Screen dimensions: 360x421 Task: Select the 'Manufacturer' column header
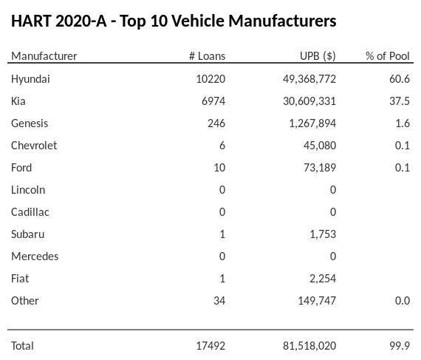click(44, 56)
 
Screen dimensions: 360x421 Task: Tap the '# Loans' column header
click(207, 56)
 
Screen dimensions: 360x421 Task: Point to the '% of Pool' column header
click(387, 56)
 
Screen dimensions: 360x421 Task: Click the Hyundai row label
click(30, 78)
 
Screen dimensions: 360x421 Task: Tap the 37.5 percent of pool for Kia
click(401, 101)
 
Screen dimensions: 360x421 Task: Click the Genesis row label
click(30, 123)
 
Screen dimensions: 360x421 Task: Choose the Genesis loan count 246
click(216, 123)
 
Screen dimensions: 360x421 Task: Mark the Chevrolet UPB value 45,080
click(319, 145)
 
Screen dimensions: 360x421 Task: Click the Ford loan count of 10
click(219, 167)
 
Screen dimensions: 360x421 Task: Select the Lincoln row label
click(28, 189)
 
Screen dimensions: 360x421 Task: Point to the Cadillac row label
click(30, 211)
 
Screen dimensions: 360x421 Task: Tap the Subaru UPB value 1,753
click(322, 234)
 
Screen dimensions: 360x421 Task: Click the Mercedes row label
click(35, 256)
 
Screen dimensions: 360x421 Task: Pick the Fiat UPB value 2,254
click(322, 278)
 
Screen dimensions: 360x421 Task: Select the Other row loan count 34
click(219, 300)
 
